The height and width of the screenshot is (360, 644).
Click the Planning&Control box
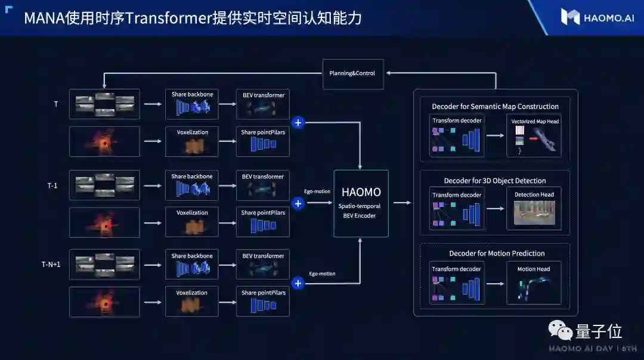coord(353,74)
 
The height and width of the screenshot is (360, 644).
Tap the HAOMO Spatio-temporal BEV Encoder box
coord(361,203)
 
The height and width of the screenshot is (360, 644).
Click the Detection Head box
coord(534,209)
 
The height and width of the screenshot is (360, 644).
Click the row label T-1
coord(52,185)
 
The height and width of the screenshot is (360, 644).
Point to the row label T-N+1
coord(51,264)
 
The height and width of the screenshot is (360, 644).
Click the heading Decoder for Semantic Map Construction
coord(495,107)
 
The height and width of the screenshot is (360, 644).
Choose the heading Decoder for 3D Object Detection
coord(495,181)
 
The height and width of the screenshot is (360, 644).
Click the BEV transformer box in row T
coord(263,104)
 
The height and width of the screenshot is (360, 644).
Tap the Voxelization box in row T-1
coord(191,222)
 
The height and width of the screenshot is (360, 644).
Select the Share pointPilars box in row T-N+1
coord(263,302)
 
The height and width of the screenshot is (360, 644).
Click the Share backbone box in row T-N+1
coord(191,265)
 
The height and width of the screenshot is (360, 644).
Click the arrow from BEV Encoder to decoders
coord(402,203)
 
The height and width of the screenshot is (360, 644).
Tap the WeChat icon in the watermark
coord(560,330)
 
